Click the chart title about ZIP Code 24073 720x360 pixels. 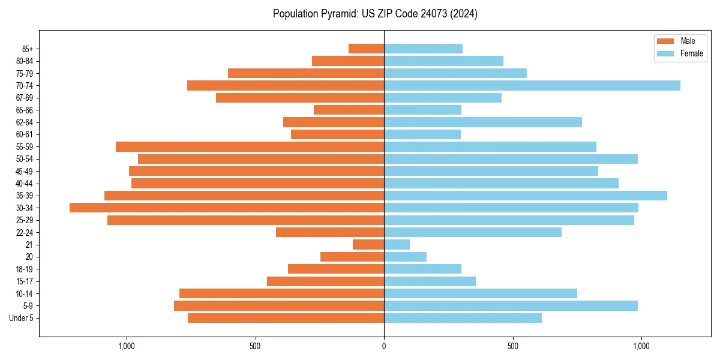click(x=375, y=14)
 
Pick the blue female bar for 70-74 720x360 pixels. click(x=532, y=85)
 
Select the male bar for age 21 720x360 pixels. click(x=368, y=244)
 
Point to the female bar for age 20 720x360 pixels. click(x=405, y=257)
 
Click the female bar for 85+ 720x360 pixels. click(x=423, y=49)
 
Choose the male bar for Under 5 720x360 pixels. click(x=286, y=318)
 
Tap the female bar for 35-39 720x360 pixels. click(x=526, y=196)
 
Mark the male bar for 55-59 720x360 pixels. click(x=250, y=146)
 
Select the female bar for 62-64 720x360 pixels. click(x=483, y=122)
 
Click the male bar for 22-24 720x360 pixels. click(x=330, y=232)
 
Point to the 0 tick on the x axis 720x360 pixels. click(x=384, y=346)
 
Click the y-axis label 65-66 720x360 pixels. click(x=25, y=110)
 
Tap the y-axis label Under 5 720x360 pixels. click(x=21, y=318)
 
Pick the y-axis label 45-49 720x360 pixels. click(x=25, y=171)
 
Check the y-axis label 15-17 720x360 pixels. click(x=25, y=281)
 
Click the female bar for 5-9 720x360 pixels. click(x=511, y=306)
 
